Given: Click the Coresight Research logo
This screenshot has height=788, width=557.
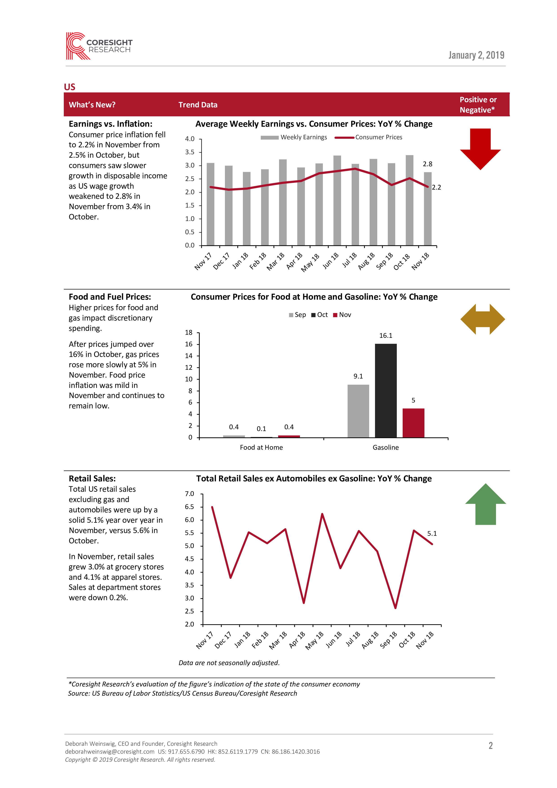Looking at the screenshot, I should (99, 46).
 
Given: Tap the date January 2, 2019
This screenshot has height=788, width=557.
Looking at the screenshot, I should (476, 55).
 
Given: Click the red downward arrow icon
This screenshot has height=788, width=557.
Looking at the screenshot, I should (480, 149).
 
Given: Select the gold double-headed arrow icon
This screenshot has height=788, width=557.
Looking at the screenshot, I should (482, 319).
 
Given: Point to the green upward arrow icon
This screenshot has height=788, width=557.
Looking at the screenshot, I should (485, 504).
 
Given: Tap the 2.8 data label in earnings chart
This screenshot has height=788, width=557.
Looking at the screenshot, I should (427, 164).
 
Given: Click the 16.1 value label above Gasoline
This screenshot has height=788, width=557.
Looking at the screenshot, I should (385, 336).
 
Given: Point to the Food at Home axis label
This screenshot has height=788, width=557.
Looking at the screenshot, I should (261, 447).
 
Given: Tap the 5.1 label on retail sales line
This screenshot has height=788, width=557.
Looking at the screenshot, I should (432, 533).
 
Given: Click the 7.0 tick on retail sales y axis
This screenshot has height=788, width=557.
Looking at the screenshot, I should (189, 494).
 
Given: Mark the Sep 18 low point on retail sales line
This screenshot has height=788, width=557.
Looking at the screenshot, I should (395, 608).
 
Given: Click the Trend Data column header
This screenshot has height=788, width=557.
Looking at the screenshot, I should (198, 105).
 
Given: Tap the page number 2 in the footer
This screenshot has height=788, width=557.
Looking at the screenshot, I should (490, 746).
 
